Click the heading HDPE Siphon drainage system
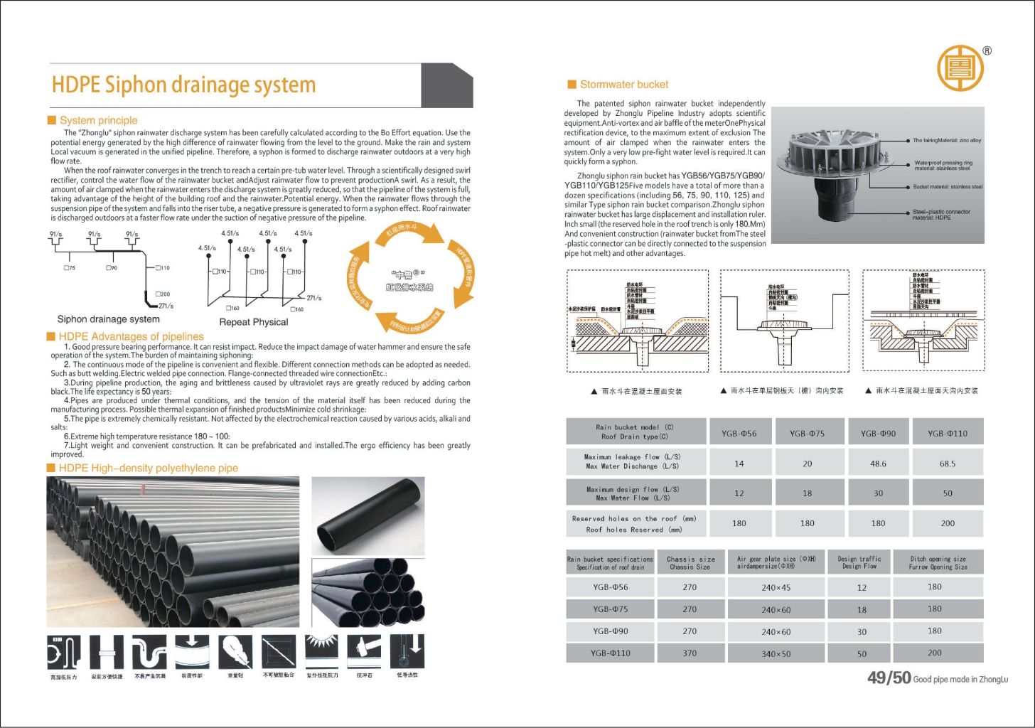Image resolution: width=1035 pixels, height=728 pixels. (183, 85)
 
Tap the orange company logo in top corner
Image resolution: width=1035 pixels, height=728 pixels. (960, 68)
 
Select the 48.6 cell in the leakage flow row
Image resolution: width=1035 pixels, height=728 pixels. (878, 464)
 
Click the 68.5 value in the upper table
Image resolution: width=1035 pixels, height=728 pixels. (947, 464)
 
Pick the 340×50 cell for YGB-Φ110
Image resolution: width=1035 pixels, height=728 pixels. (776, 653)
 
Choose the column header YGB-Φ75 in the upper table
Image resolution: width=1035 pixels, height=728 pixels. (807, 434)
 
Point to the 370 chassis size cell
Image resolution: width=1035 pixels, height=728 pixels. (690, 653)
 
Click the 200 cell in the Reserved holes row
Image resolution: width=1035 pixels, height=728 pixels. (947, 523)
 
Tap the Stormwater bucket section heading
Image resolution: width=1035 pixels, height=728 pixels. (623, 85)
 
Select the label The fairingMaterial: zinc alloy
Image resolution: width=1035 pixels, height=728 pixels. (946, 141)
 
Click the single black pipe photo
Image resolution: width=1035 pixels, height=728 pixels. (368, 516)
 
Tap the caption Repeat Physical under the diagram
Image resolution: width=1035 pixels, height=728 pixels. (254, 322)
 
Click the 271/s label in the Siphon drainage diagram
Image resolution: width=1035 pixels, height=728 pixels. (166, 306)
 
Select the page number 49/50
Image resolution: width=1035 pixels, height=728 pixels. (889, 678)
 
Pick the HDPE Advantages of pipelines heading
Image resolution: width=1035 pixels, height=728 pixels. (131, 336)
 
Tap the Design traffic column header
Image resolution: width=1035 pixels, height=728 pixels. (859, 562)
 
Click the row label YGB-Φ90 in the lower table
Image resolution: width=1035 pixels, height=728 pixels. (610, 631)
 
